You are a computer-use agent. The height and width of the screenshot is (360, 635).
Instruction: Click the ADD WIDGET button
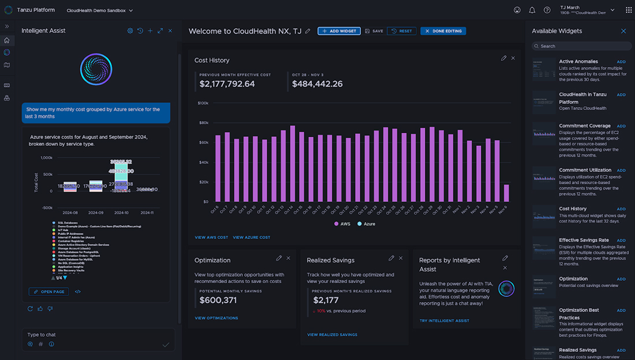point(339,31)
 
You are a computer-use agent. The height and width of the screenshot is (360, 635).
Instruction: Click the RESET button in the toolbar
point(401,31)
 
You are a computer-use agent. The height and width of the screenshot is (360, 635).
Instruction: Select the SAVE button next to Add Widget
point(374,31)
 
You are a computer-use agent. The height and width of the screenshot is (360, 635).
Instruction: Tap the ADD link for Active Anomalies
point(621,62)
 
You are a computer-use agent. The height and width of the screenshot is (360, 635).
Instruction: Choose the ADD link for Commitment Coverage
point(621,126)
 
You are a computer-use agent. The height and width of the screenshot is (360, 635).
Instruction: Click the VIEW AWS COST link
point(211,237)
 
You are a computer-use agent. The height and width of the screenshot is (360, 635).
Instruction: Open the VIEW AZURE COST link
point(251,237)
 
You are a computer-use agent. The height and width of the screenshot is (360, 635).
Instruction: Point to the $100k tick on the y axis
point(203,103)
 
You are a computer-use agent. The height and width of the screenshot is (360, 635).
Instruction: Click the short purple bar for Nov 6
point(506,193)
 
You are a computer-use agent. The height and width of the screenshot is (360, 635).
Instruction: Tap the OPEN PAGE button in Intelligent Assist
point(48,292)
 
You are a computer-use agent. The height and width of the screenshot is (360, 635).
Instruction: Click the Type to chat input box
point(92,335)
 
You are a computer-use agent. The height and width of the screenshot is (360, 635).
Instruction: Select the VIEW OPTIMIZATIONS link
point(216,318)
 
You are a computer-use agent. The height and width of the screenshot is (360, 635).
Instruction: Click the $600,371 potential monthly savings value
point(218,300)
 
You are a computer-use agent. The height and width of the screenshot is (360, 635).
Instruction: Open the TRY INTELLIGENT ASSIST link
point(444,321)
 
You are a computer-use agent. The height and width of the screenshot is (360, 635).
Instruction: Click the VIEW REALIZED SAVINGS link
point(332,335)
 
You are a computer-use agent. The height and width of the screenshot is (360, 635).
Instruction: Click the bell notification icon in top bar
point(532,10)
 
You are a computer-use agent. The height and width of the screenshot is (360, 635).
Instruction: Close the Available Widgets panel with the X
point(623,31)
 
